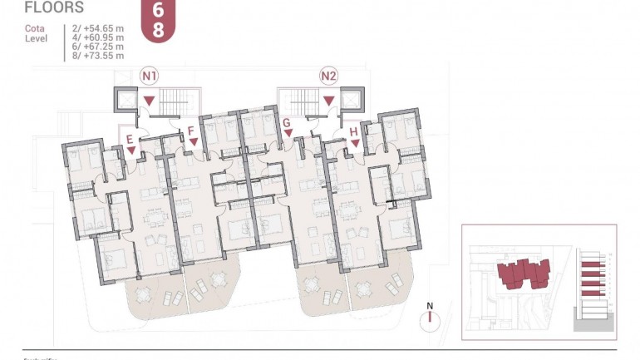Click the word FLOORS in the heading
(54, 8)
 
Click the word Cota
(35, 28)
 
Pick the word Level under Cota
(36, 38)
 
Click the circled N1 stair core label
(150, 76)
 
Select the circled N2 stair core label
(329, 76)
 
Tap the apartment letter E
(130, 138)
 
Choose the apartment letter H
(354, 131)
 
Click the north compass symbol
(430, 320)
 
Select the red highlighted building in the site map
(524, 273)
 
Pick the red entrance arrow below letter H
(355, 143)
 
